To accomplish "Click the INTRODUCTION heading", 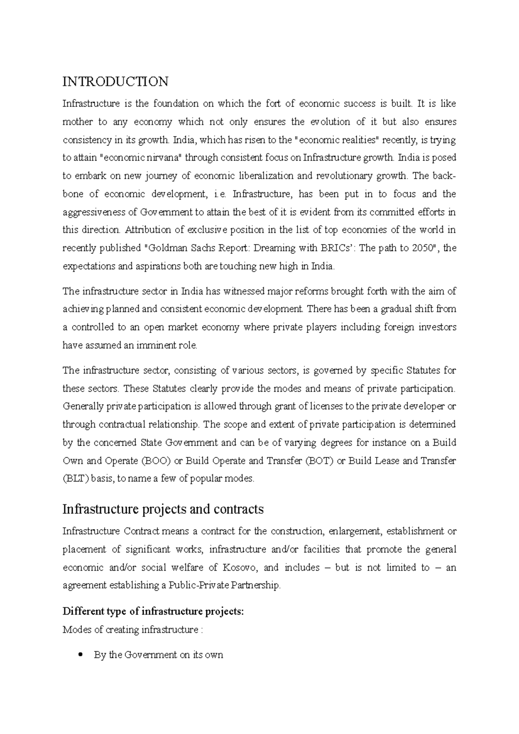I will (x=115, y=82).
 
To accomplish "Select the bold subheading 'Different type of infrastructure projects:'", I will (x=154, y=611).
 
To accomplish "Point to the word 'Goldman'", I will (x=165, y=248).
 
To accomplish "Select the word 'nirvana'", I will (x=167, y=158).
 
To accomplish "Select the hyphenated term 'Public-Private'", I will (x=198, y=585).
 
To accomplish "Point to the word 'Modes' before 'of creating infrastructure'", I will (x=77, y=629).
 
